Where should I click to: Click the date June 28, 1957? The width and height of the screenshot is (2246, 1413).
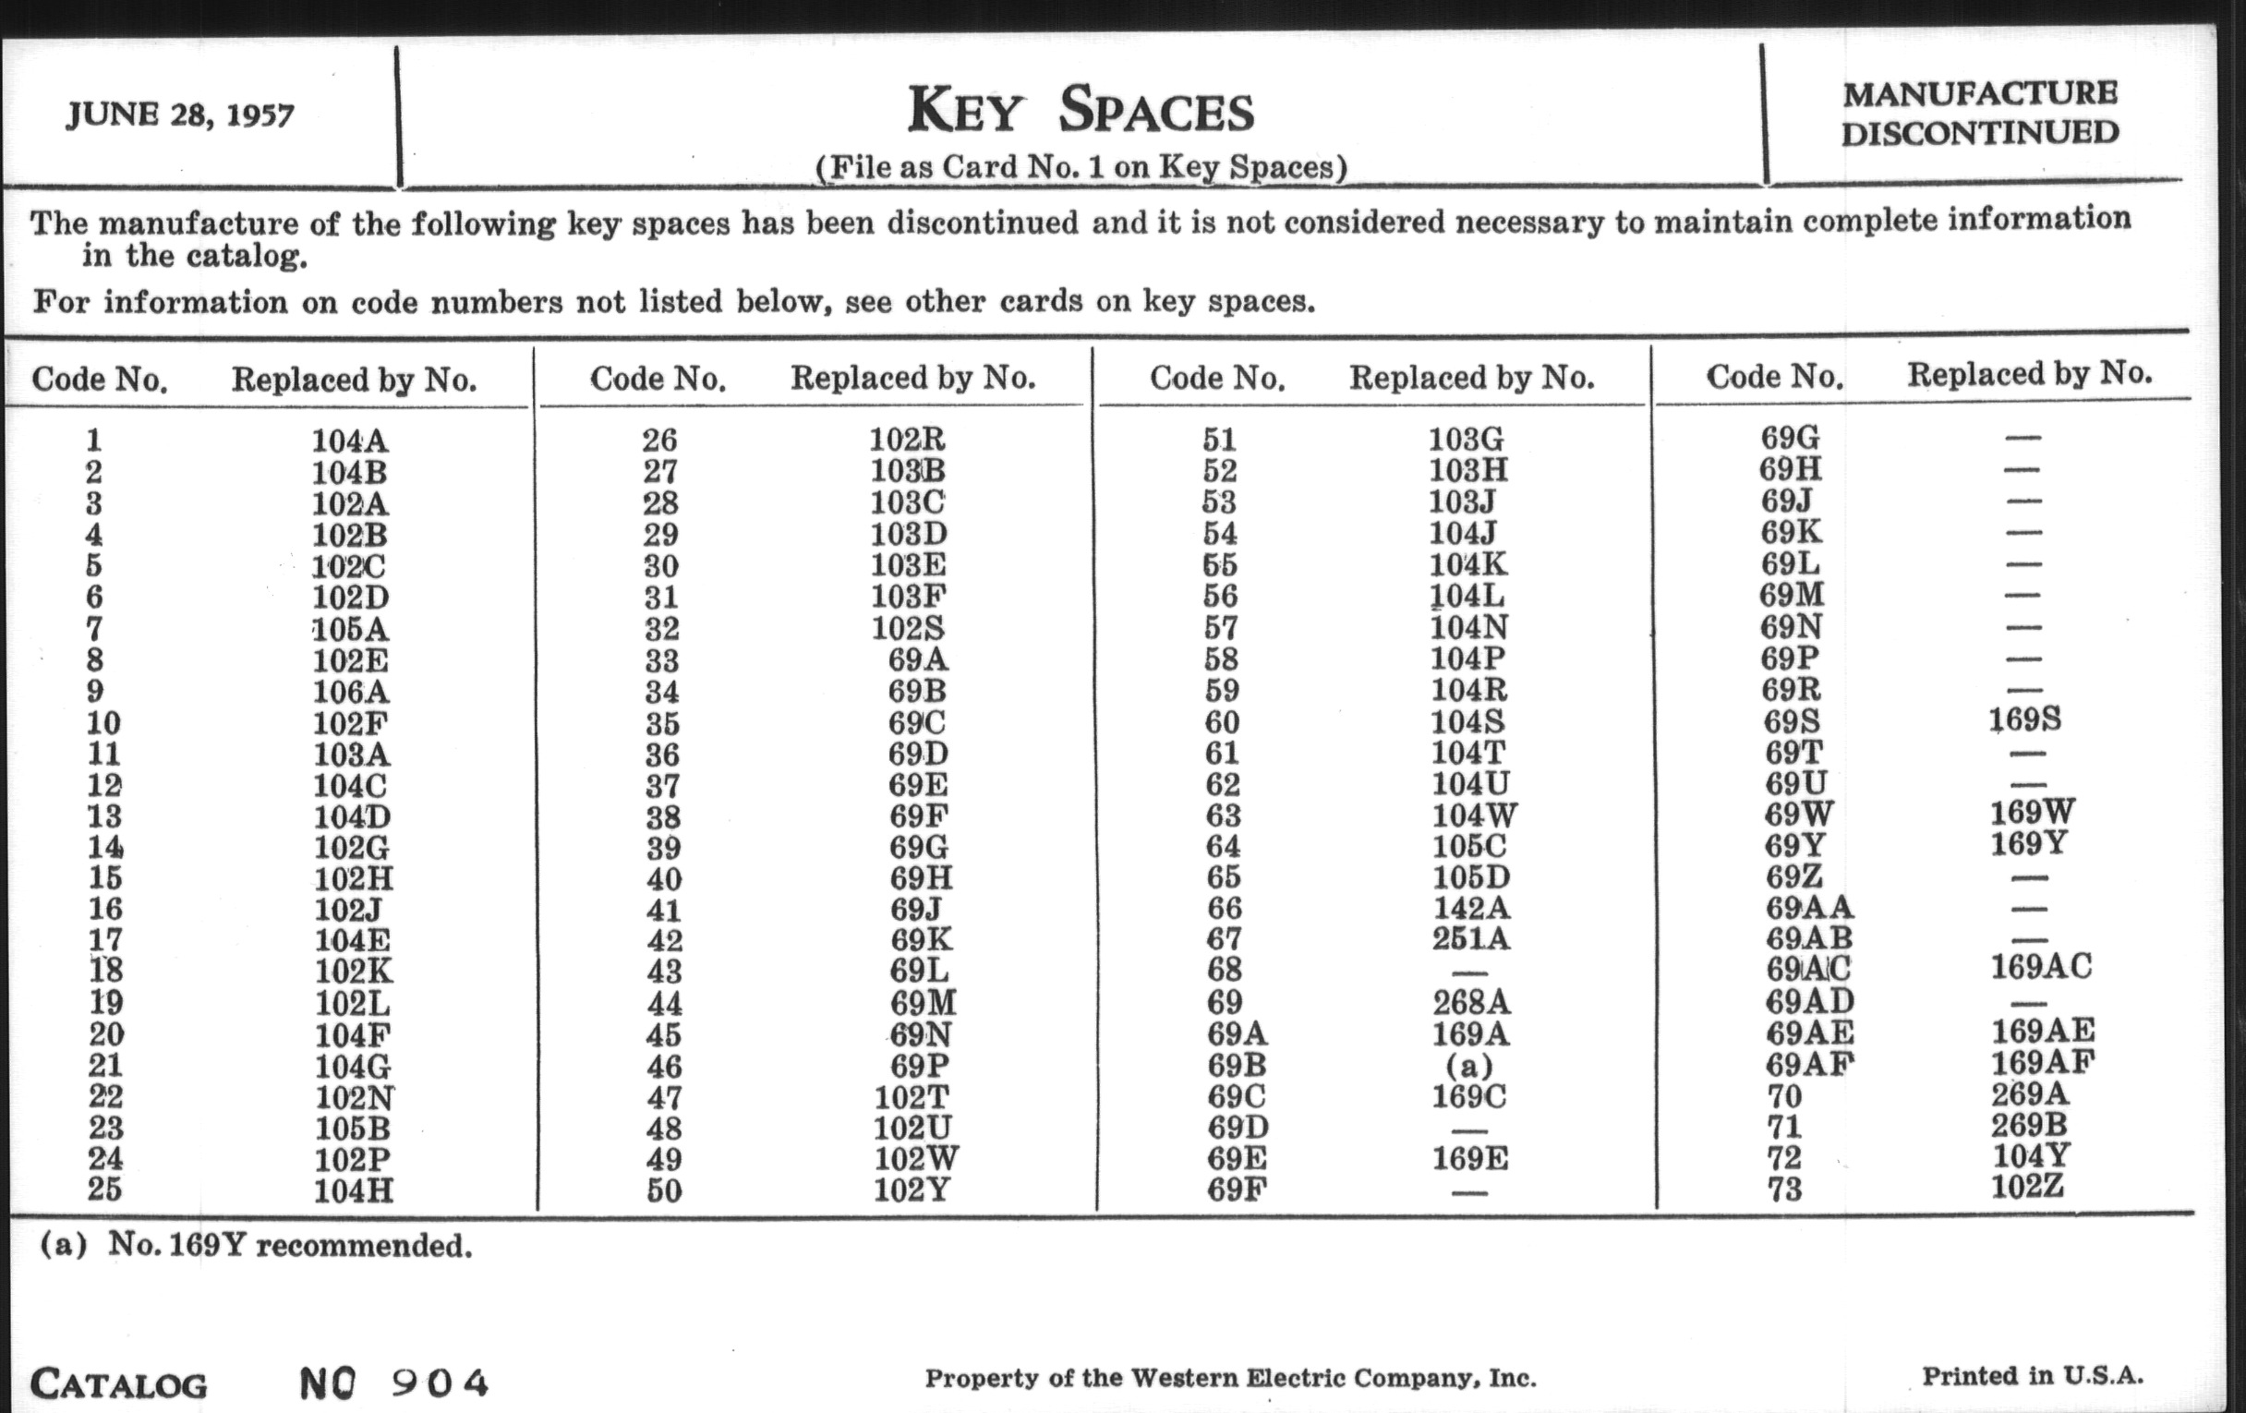180,115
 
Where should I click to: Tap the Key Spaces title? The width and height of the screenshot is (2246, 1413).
1081,110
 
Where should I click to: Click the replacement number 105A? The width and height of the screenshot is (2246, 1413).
350,629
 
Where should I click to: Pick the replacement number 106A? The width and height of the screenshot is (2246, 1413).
350,691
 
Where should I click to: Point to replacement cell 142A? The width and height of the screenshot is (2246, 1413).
1470,908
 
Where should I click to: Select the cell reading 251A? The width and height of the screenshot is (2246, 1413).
1470,938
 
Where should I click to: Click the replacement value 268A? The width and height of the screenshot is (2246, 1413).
1470,1002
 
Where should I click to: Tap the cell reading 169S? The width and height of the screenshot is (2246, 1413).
2024,719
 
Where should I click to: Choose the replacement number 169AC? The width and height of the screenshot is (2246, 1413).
2041,966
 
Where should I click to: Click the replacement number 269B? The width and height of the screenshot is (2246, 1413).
2029,1125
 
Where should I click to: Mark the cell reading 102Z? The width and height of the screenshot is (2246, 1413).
2027,1188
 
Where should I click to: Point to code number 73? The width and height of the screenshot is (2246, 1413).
1784,1190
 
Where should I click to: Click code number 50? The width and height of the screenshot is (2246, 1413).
663,1190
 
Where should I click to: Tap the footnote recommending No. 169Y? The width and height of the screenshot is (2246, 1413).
256,1245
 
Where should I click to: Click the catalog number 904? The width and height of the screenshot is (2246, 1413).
440,1383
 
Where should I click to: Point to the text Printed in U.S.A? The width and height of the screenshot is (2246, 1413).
2033,1376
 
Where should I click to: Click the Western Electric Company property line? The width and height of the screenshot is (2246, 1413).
1229,1379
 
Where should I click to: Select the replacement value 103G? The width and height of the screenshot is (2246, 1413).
1467,439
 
